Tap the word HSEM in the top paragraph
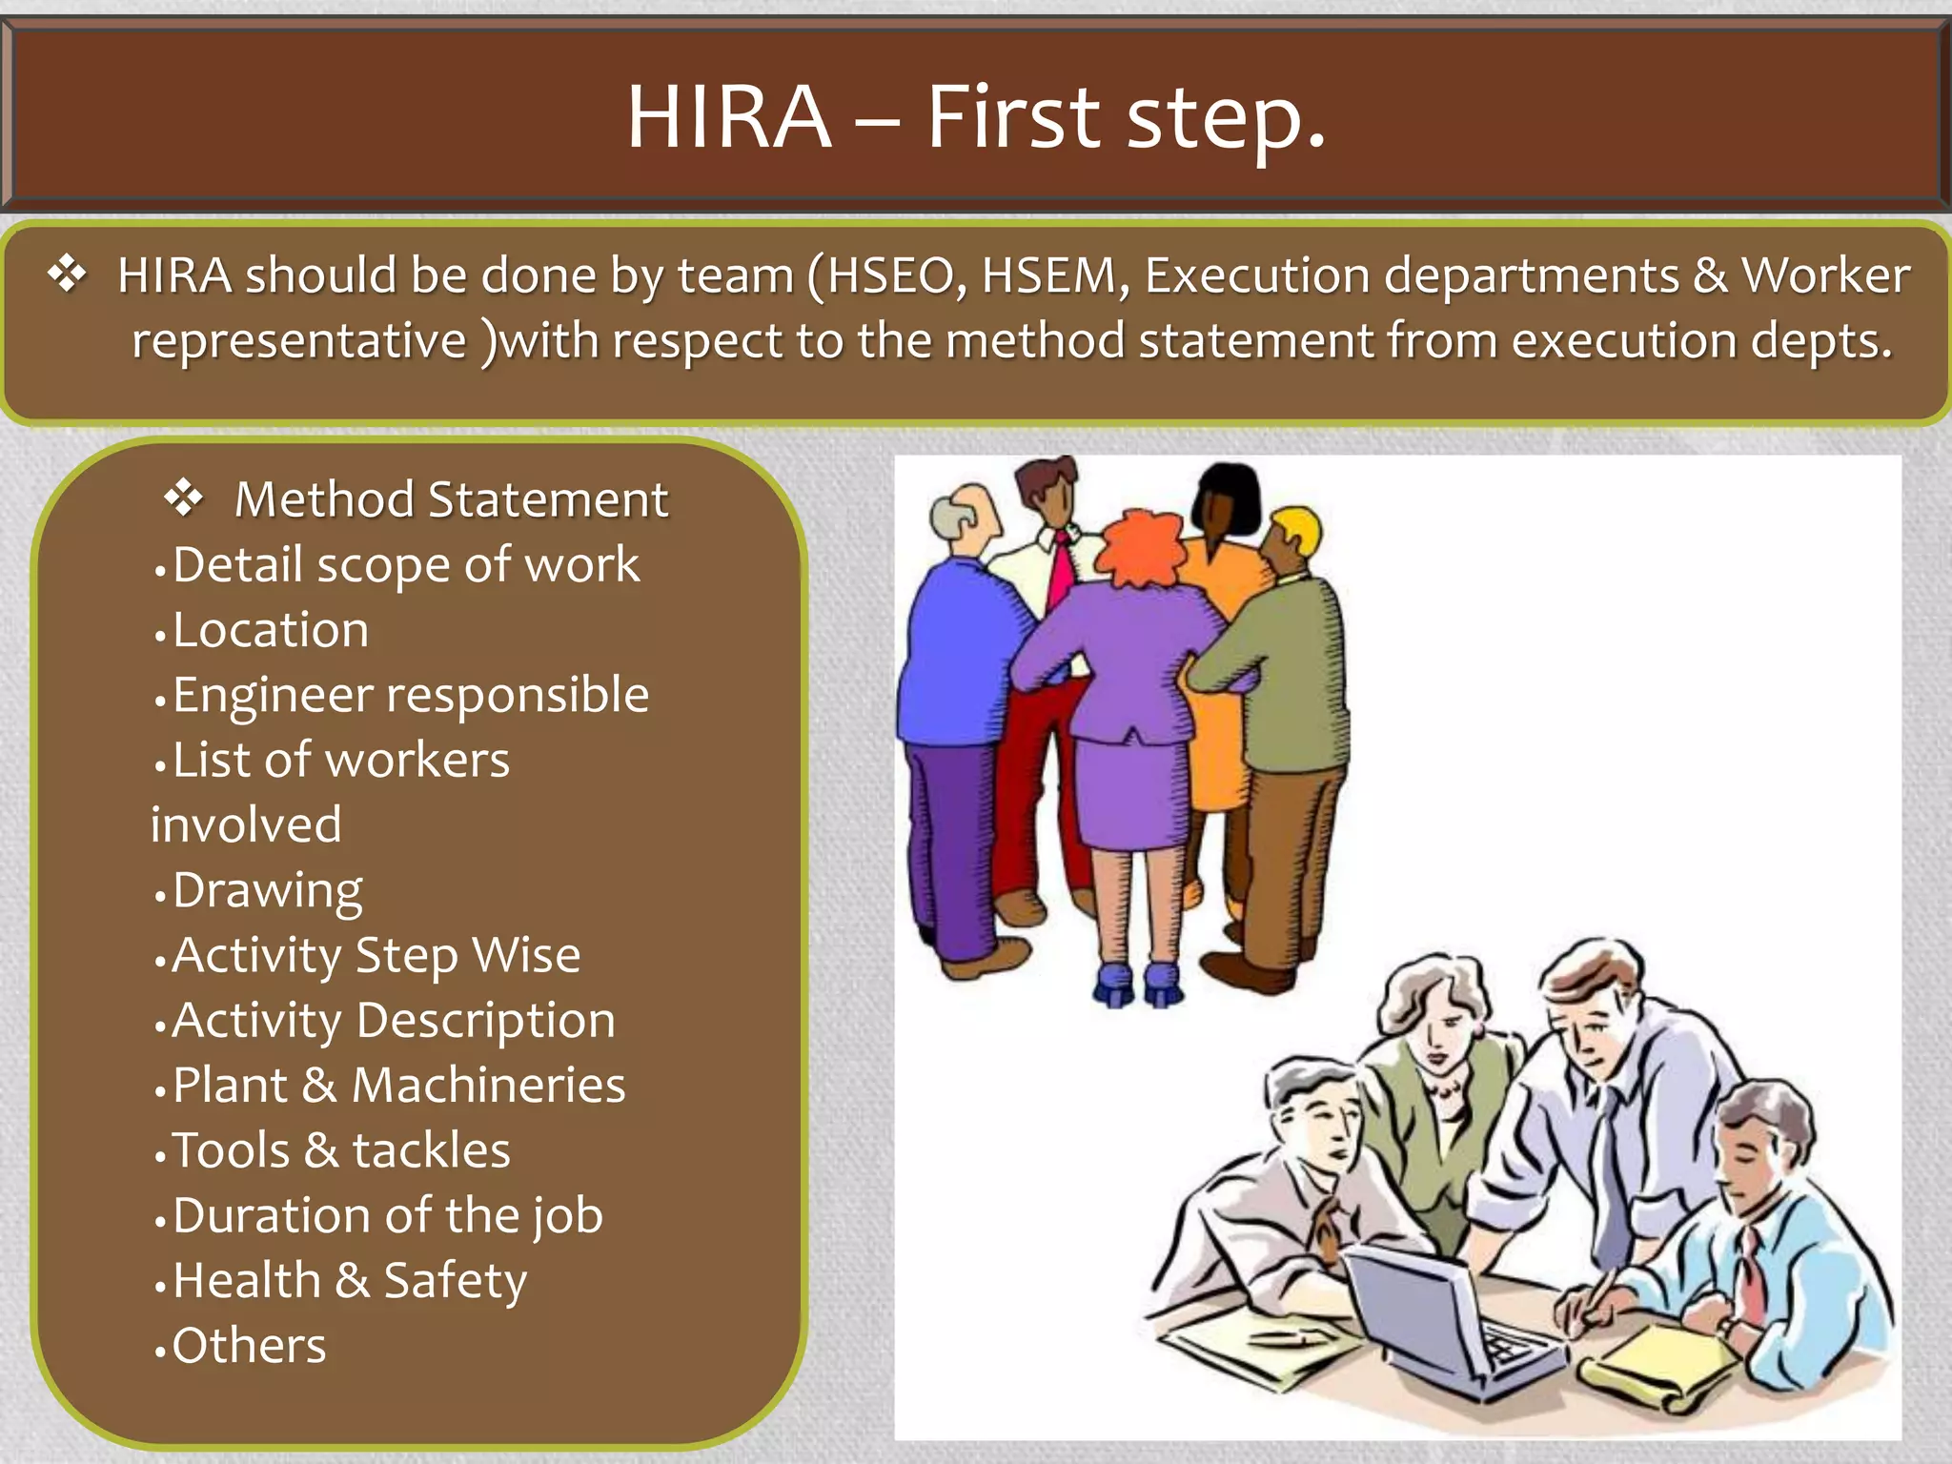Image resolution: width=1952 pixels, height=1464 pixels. click(1048, 276)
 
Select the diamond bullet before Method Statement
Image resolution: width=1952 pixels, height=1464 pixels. click(183, 498)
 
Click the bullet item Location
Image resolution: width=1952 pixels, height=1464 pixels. click(270, 630)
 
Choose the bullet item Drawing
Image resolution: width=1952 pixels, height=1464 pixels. click(267, 892)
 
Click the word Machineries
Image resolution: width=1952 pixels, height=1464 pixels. click(488, 1086)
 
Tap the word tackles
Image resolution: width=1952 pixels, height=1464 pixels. click(431, 1150)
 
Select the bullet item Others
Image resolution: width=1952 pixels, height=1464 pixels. click(249, 1346)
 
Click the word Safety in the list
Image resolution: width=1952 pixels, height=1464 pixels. click(455, 1281)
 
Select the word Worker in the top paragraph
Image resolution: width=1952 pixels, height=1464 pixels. click(1825, 276)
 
